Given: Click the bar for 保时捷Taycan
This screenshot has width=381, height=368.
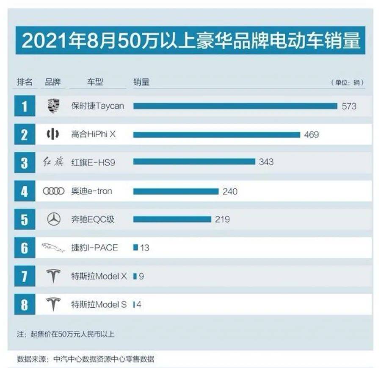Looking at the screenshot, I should [x=235, y=106].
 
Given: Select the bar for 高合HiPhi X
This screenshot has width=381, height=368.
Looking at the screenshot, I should [x=216, y=135].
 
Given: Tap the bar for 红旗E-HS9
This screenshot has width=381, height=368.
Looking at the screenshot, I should [x=194, y=162].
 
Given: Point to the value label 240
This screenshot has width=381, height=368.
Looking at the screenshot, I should [x=230, y=192].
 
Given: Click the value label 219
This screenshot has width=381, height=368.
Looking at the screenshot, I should [x=222, y=220].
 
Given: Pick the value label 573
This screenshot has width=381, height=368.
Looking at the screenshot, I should [x=349, y=106].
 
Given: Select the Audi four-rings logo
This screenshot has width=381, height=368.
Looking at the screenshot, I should [x=54, y=192].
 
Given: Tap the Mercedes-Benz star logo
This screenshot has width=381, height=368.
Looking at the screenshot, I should [x=54, y=220].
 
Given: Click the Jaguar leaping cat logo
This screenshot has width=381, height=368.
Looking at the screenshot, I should [x=54, y=248].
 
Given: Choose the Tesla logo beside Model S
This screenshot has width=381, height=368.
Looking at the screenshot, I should [x=54, y=304].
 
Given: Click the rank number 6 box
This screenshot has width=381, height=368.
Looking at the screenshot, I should [x=25, y=248].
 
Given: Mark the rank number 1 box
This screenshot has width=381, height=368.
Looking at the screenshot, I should [x=25, y=106].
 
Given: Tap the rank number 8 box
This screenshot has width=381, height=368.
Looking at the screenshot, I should [x=25, y=304].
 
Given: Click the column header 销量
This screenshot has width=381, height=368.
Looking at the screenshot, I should [x=141, y=82].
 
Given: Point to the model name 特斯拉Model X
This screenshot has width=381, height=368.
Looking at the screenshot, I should [x=99, y=276].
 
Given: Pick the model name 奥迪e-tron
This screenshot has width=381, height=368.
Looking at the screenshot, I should [x=91, y=192].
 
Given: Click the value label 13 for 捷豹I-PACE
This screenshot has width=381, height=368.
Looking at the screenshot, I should [x=145, y=248].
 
